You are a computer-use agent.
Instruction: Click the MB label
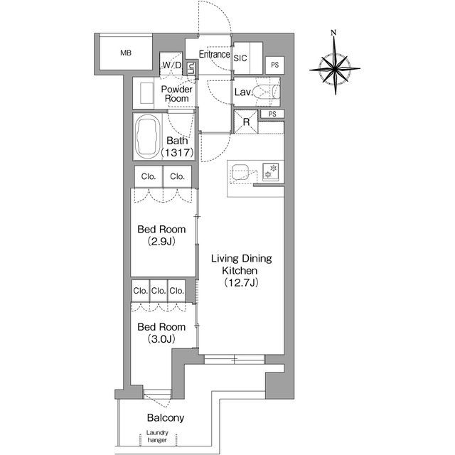[x=126, y=53]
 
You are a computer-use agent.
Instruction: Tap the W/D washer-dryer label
[x=171, y=65]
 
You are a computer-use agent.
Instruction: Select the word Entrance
[x=215, y=54]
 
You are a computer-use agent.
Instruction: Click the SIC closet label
[x=240, y=58]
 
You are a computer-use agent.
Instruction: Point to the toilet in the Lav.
[x=267, y=92]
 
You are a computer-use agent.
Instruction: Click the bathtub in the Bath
[x=148, y=136]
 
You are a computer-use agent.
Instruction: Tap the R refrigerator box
[x=246, y=122]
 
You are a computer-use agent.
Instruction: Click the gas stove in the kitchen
[x=271, y=172]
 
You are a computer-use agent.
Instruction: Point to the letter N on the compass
[x=333, y=33]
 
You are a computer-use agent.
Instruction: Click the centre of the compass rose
[x=335, y=69]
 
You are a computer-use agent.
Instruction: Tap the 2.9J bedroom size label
[x=161, y=241]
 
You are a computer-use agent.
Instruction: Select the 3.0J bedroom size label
[x=161, y=338]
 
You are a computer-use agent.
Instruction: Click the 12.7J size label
[x=241, y=282]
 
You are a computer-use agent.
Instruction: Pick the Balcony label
[x=166, y=418]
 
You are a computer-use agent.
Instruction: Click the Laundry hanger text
[x=157, y=436]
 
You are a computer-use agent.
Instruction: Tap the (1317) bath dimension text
[x=177, y=152]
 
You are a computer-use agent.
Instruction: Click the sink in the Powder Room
[x=146, y=93]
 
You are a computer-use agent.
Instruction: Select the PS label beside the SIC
[x=275, y=65]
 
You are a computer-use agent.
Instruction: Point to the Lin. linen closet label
[x=191, y=68]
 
